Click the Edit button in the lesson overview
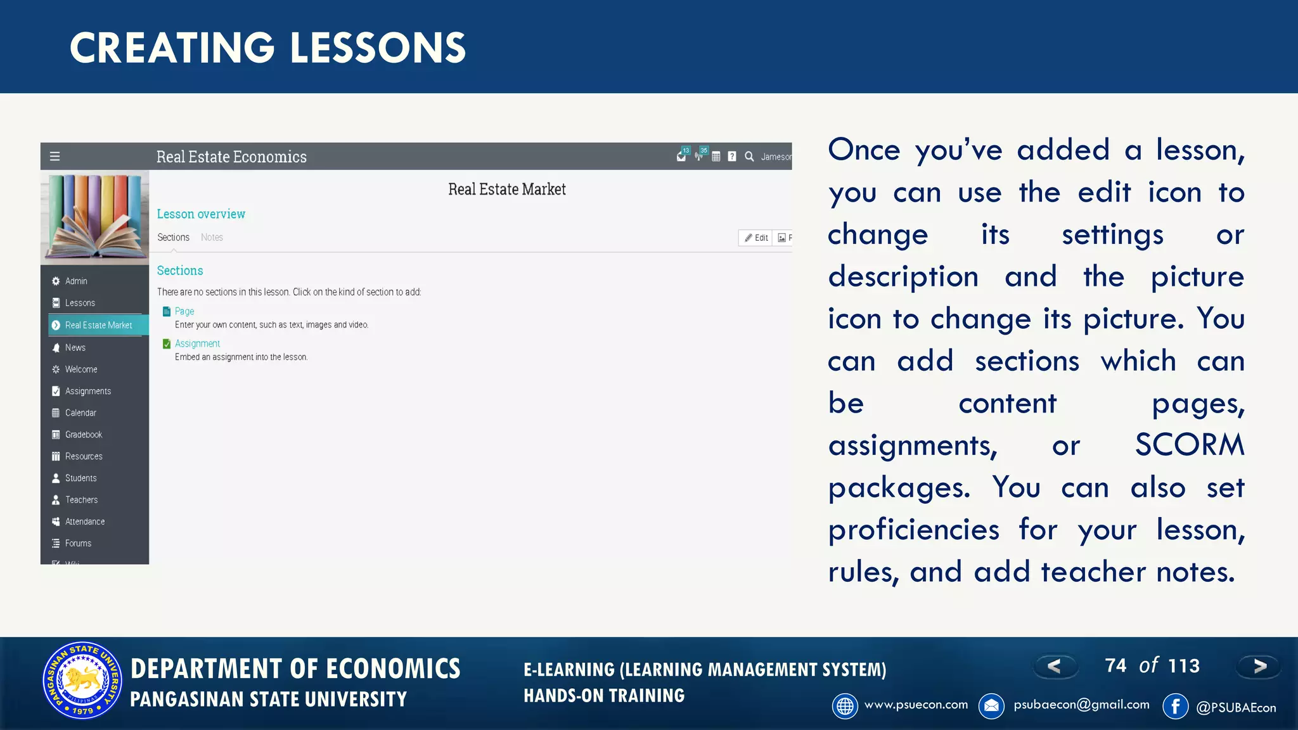(x=756, y=238)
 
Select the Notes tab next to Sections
(x=212, y=237)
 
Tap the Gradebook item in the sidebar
(x=83, y=435)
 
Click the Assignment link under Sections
(x=197, y=343)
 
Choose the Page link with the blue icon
(x=184, y=311)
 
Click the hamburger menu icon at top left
(x=55, y=157)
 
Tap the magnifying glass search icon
(x=749, y=157)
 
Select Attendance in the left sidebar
(x=85, y=522)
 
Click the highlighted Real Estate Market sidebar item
(x=98, y=325)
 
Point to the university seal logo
(x=82, y=681)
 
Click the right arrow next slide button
(x=1259, y=666)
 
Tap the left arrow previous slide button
(x=1055, y=666)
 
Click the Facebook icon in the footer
(x=1175, y=706)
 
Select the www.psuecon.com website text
(x=916, y=705)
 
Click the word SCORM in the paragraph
(x=1189, y=445)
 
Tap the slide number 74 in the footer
(x=1115, y=665)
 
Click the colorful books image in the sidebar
(x=95, y=217)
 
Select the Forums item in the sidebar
(x=78, y=543)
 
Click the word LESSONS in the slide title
(x=378, y=48)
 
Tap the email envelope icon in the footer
(x=991, y=706)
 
